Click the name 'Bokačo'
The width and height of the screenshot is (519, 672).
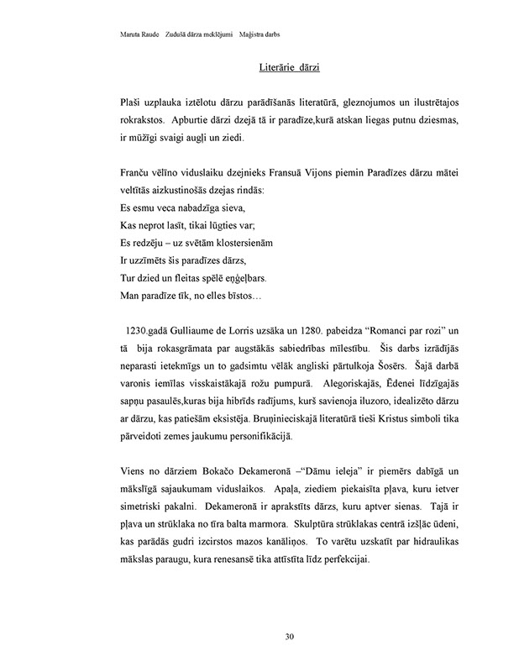click(207, 468)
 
